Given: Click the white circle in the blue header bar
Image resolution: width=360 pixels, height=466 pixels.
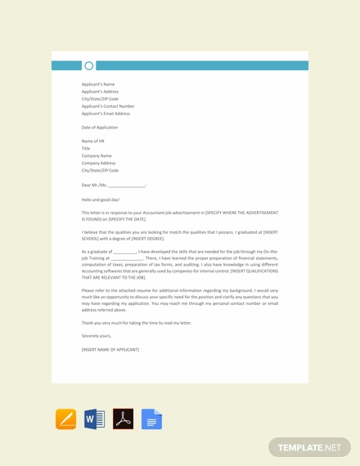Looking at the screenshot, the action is click(x=89, y=65).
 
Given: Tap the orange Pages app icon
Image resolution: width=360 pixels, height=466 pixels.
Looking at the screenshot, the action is click(x=65, y=419).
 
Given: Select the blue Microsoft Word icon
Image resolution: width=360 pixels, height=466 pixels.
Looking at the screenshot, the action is click(x=94, y=419).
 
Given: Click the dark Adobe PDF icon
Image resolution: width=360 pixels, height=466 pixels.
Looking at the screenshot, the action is click(x=123, y=419).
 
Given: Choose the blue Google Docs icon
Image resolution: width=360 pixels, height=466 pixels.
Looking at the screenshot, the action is click(x=151, y=419).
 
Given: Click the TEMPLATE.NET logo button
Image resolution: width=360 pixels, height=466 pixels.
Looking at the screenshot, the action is click(x=309, y=447).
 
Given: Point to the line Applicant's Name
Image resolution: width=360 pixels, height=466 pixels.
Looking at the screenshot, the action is click(x=98, y=84).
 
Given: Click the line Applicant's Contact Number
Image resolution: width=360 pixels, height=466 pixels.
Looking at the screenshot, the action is click(x=108, y=106).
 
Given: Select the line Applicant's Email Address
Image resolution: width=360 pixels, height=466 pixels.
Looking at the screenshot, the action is click(x=106, y=114).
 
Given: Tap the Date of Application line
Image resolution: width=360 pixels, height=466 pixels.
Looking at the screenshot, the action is click(x=100, y=128).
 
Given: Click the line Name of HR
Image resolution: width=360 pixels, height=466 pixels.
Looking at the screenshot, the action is click(x=93, y=141).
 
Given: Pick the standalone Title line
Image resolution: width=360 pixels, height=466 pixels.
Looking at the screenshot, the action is click(x=86, y=149).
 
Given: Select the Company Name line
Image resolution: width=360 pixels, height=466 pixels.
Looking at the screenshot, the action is click(x=97, y=156).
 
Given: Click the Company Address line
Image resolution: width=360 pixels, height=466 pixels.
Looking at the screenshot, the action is click(x=99, y=164).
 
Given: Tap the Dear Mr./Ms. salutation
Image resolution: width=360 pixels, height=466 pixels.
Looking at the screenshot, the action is click(x=113, y=186).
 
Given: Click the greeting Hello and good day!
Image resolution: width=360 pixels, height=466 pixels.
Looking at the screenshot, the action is click(x=101, y=199).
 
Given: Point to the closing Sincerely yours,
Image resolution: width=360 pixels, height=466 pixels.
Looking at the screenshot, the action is click(x=97, y=336).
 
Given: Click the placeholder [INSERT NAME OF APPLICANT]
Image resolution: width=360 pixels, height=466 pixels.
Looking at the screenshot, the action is click(x=110, y=350).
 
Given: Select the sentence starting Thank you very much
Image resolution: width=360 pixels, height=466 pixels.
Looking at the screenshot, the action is click(x=137, y=323).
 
